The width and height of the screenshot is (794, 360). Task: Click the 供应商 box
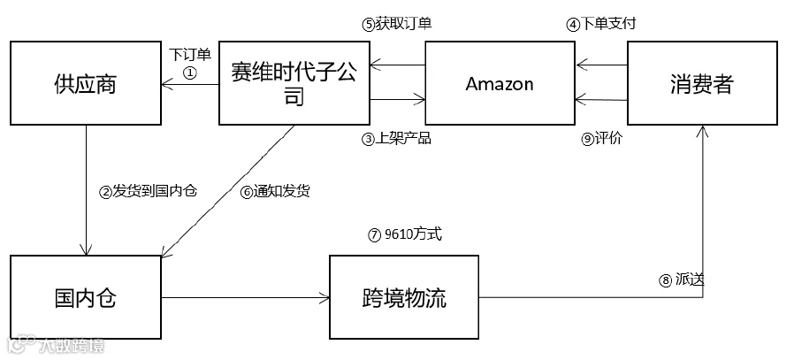point(86,83)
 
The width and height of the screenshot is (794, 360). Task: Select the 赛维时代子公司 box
point(294,83)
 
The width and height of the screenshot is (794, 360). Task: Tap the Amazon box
point(500,83)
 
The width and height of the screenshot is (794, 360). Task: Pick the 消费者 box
point(702,83)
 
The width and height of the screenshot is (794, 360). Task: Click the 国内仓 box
point(86,297)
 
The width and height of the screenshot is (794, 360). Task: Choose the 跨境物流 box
point(404,297)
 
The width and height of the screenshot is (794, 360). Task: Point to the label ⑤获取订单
point(397,24)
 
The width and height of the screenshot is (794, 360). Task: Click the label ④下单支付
point(600,24)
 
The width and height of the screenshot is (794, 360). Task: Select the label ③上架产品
point(396,139)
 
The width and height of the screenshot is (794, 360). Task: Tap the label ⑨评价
point(601,139)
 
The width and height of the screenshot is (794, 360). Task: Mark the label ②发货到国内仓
point(148,191)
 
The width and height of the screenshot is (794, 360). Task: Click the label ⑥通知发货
point(275,192)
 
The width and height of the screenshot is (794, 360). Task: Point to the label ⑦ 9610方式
point(405,234)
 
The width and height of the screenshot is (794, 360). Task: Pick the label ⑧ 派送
point(682,280)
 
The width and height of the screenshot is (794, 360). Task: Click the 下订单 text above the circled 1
point(190,54)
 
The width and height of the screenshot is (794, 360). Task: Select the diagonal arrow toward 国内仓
point(227,191)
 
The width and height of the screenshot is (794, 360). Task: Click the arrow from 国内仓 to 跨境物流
point(246,298)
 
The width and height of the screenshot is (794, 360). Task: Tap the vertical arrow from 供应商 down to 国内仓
point(86,190)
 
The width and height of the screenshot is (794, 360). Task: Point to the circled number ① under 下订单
point(190,73)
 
